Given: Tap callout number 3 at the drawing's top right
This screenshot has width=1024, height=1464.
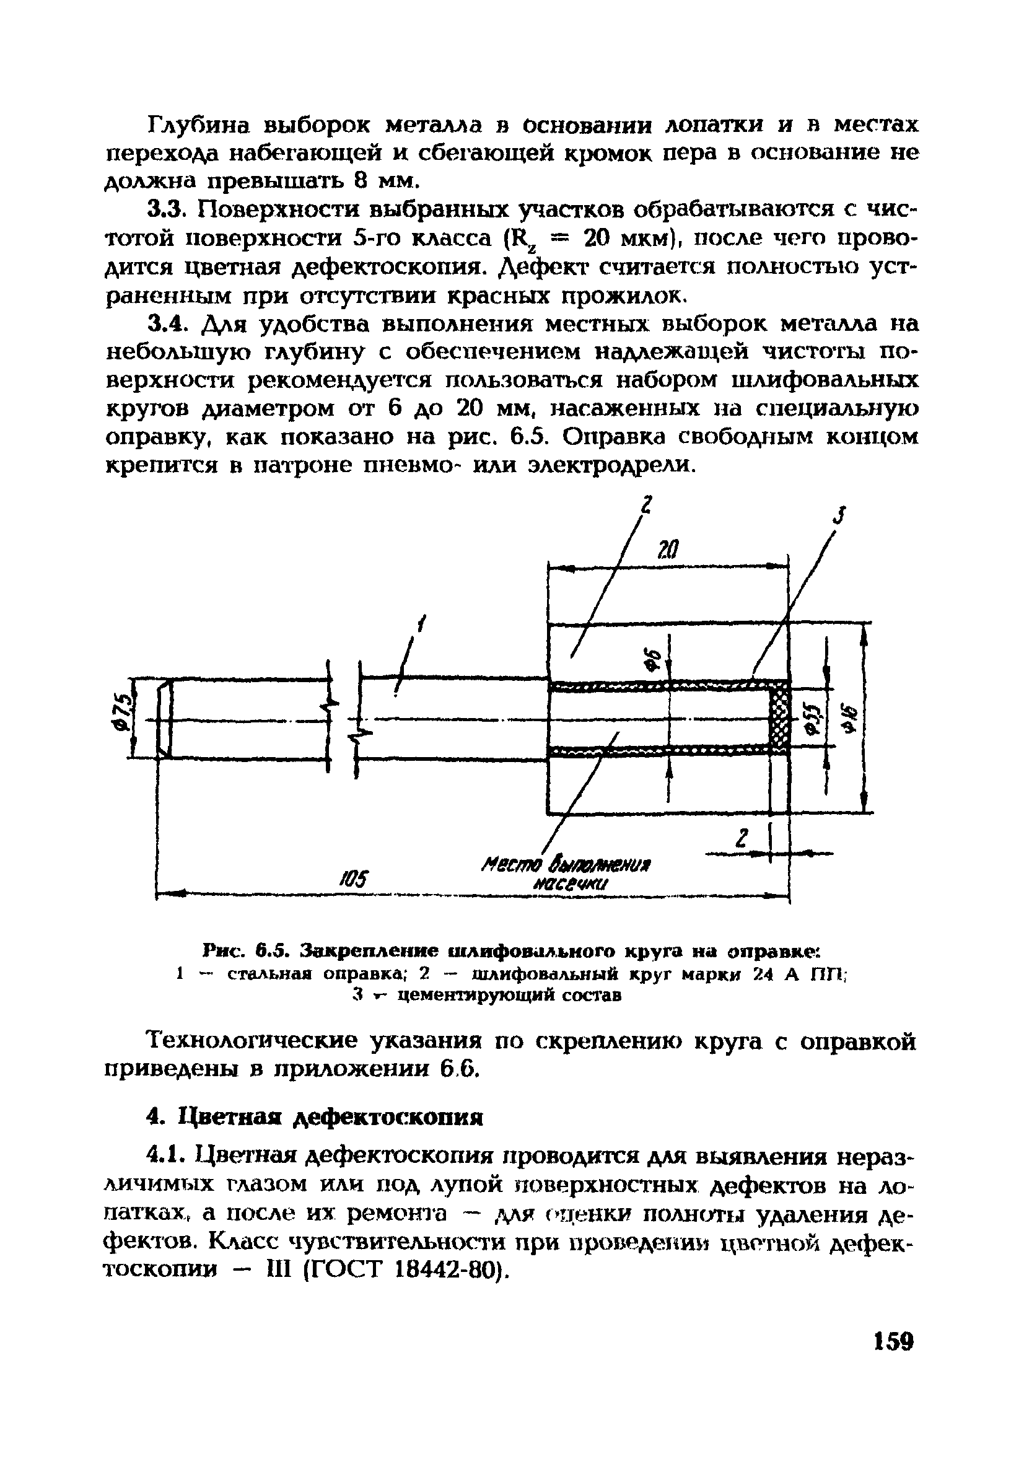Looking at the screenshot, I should coord(841,515).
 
